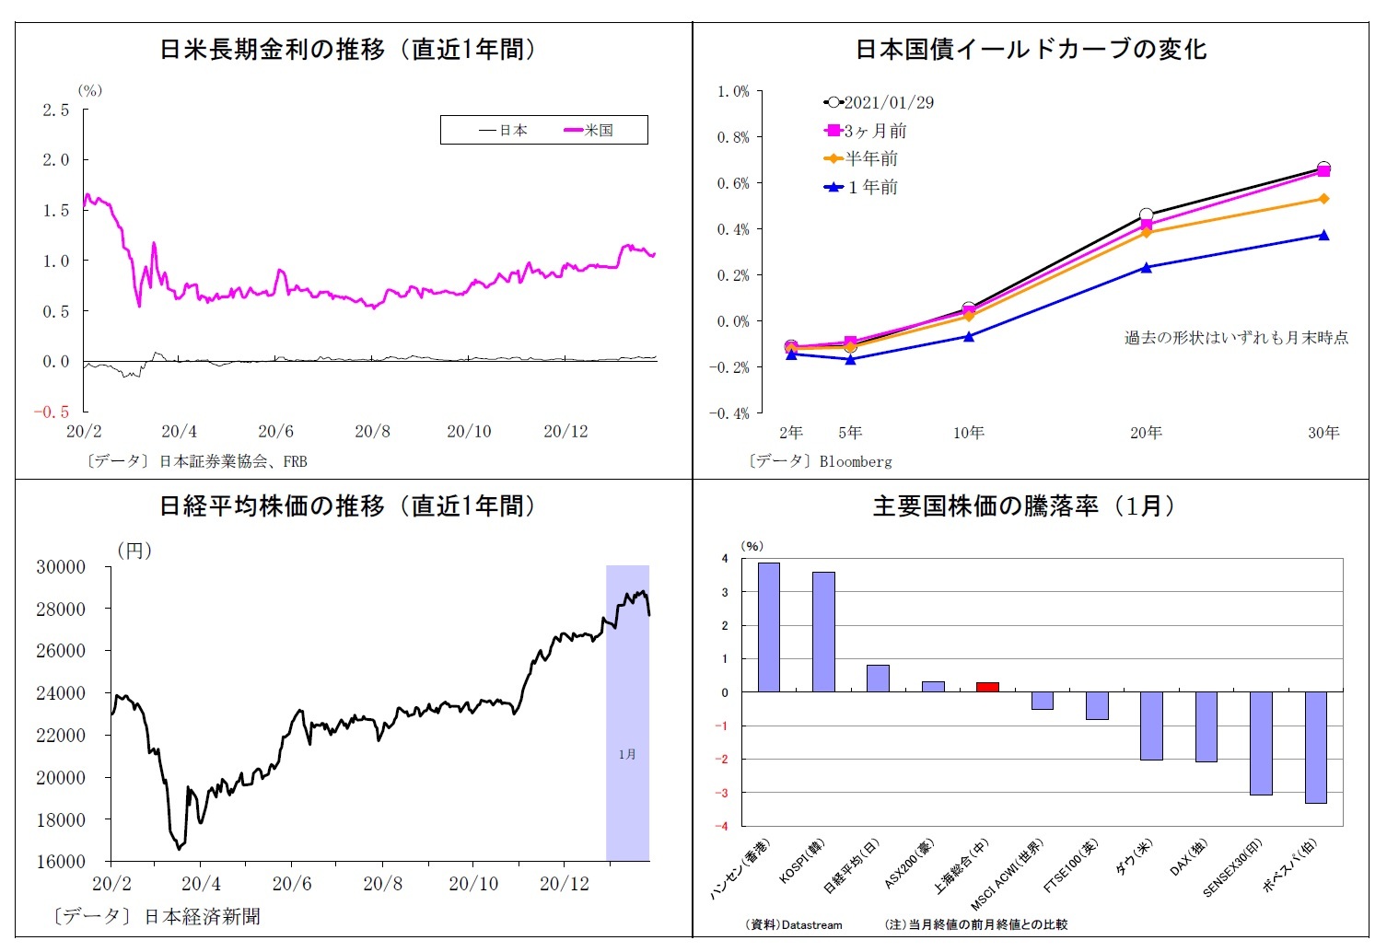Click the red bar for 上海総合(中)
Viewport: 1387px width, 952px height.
(x=987, y=687)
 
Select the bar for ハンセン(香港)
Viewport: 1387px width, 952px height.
(x=768, y=627)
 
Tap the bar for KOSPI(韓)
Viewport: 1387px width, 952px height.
(x=823, y=632)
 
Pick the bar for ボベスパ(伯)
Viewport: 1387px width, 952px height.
(x=1315, y=747)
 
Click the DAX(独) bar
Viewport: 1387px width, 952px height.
(x=1206, y=726)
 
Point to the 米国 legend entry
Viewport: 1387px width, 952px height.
(x=589, y=131)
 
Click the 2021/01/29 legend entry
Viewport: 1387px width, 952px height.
(x=879, y=103)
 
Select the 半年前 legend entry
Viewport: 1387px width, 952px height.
(x=861, y=159)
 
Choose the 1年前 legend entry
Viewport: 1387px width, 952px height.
(x=861, y=188)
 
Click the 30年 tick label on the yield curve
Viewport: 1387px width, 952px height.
(x=1323, y=433)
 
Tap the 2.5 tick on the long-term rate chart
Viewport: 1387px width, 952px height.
(x=56, y=110)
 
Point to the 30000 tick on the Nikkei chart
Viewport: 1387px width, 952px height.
(x=61, y=567)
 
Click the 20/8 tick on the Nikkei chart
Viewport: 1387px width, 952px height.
(x=383, y=885)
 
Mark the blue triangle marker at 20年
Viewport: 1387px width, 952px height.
(x=1147, y=268)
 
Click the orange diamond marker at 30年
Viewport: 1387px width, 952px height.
(x=1323, y=199)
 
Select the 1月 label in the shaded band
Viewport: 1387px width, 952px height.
(x=627, y=755)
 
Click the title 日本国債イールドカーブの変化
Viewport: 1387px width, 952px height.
(x=1031, y=50)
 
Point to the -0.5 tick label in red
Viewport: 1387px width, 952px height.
(x=52, y=412)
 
